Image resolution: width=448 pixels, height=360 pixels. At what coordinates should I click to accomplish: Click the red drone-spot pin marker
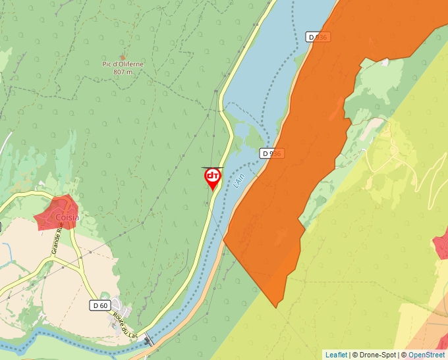[213, 178]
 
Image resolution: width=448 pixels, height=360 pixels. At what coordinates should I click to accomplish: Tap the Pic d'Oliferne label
[123, 64]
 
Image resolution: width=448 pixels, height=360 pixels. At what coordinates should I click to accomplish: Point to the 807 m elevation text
[123, 72]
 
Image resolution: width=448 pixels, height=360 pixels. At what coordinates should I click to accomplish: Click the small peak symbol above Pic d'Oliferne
[123, 57]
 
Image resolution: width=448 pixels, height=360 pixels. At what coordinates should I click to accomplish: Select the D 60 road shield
[99, 305]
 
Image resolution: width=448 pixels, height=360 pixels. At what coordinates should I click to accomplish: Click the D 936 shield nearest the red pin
[271, 153]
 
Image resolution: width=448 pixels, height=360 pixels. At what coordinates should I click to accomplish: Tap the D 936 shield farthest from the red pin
[318, 37]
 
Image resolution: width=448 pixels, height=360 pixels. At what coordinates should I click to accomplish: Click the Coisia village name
[67, 217]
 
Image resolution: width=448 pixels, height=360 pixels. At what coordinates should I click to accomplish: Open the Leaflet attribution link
[336, 355]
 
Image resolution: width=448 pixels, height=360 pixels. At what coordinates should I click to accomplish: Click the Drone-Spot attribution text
[374, 355]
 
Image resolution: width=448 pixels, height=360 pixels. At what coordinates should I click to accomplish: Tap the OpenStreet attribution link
[426, 355]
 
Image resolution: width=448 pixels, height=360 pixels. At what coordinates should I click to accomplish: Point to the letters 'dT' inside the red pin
[213, 176]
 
